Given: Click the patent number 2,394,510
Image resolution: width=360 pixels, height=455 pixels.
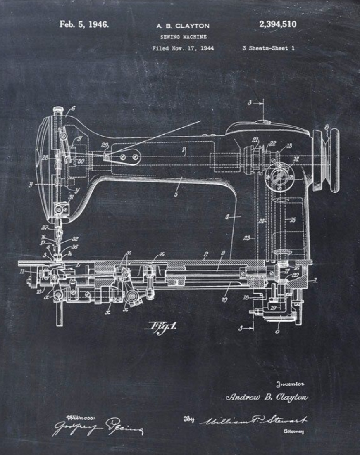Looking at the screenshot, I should pyautogui.click(x=278, y=24).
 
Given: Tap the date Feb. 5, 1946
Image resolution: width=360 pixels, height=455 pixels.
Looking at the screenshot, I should pyautogui.click(x=84, y=24).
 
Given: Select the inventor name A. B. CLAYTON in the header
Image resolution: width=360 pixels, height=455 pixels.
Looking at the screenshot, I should pyautogui.click(x=183, y=26).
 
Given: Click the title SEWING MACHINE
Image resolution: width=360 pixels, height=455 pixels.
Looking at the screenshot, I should pyautogui.click(x=184, y=37).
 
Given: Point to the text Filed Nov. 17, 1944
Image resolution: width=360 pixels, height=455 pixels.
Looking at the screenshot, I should pyautogui.click(x=183, y=48).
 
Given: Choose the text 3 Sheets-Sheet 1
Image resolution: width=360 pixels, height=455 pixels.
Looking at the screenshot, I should pyautogui.click(x=269, y=48).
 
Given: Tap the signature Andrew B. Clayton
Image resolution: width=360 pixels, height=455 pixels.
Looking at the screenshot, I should pyautogui.click(x=267, y=398).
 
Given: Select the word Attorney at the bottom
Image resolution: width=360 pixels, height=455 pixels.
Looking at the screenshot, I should pyautogui.click(x=292, y=431).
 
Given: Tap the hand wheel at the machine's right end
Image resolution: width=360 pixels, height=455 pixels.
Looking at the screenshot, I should pyautogui.click(x=326, y=159).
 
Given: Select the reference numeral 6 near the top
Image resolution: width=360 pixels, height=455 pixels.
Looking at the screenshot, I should pyautogui.click(x=73, y=109).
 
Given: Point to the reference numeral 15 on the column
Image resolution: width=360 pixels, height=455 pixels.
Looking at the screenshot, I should pyautogui.click(x=292, y=220).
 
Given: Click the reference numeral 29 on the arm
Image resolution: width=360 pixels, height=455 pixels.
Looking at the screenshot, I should pyautogui.click(x=105, y=145).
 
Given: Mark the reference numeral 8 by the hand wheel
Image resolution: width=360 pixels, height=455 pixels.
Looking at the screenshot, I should pyautogui.click(x=327, y=127).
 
